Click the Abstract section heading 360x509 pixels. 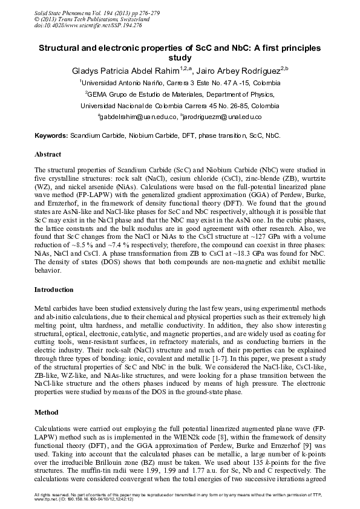(48, 155)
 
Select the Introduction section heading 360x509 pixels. (55, 290)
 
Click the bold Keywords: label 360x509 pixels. (51, 137)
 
